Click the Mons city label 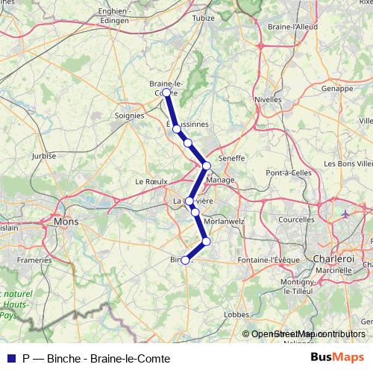(x=66, y=222)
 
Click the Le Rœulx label (x=149, y=181)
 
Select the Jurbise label (x=44, y=156)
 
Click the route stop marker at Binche (x=185, y=260)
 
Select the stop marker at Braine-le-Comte (x=166, y=93)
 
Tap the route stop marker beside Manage (x=207, y=166)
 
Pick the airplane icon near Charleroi (x=345, y=213)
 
